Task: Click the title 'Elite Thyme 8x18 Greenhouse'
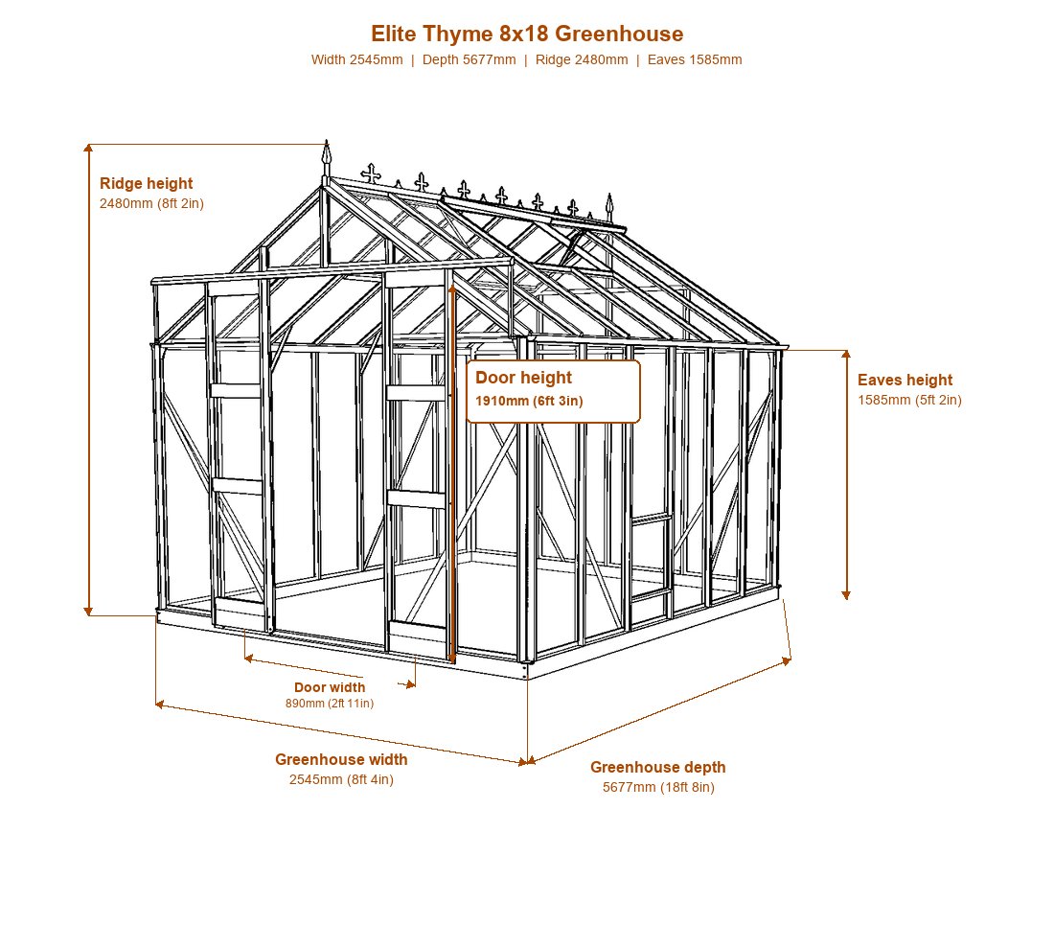click(527, 34)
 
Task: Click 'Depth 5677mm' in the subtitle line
click(470, 59)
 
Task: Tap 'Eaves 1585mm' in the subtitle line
click(695, 59)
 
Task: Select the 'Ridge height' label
click(146, 183)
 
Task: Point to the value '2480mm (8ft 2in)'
click(151, 203)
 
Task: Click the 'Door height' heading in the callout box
click(523, 378)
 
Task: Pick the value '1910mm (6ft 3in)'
click(529, 402)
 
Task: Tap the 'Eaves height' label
click(905, 381)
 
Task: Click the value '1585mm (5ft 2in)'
click(909, 400)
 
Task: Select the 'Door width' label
click(330, 687)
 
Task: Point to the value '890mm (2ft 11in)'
click(330, 704)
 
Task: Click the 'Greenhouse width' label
click(341, 759)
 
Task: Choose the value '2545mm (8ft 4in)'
click(341, 780)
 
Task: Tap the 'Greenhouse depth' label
click(658, 768)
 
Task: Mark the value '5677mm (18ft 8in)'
click(658, 787)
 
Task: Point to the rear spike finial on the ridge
click(609, 206)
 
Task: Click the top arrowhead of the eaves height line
click(846, 355)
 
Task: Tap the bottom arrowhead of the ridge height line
click(88, 611)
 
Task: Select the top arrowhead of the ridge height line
click(88, 149)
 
